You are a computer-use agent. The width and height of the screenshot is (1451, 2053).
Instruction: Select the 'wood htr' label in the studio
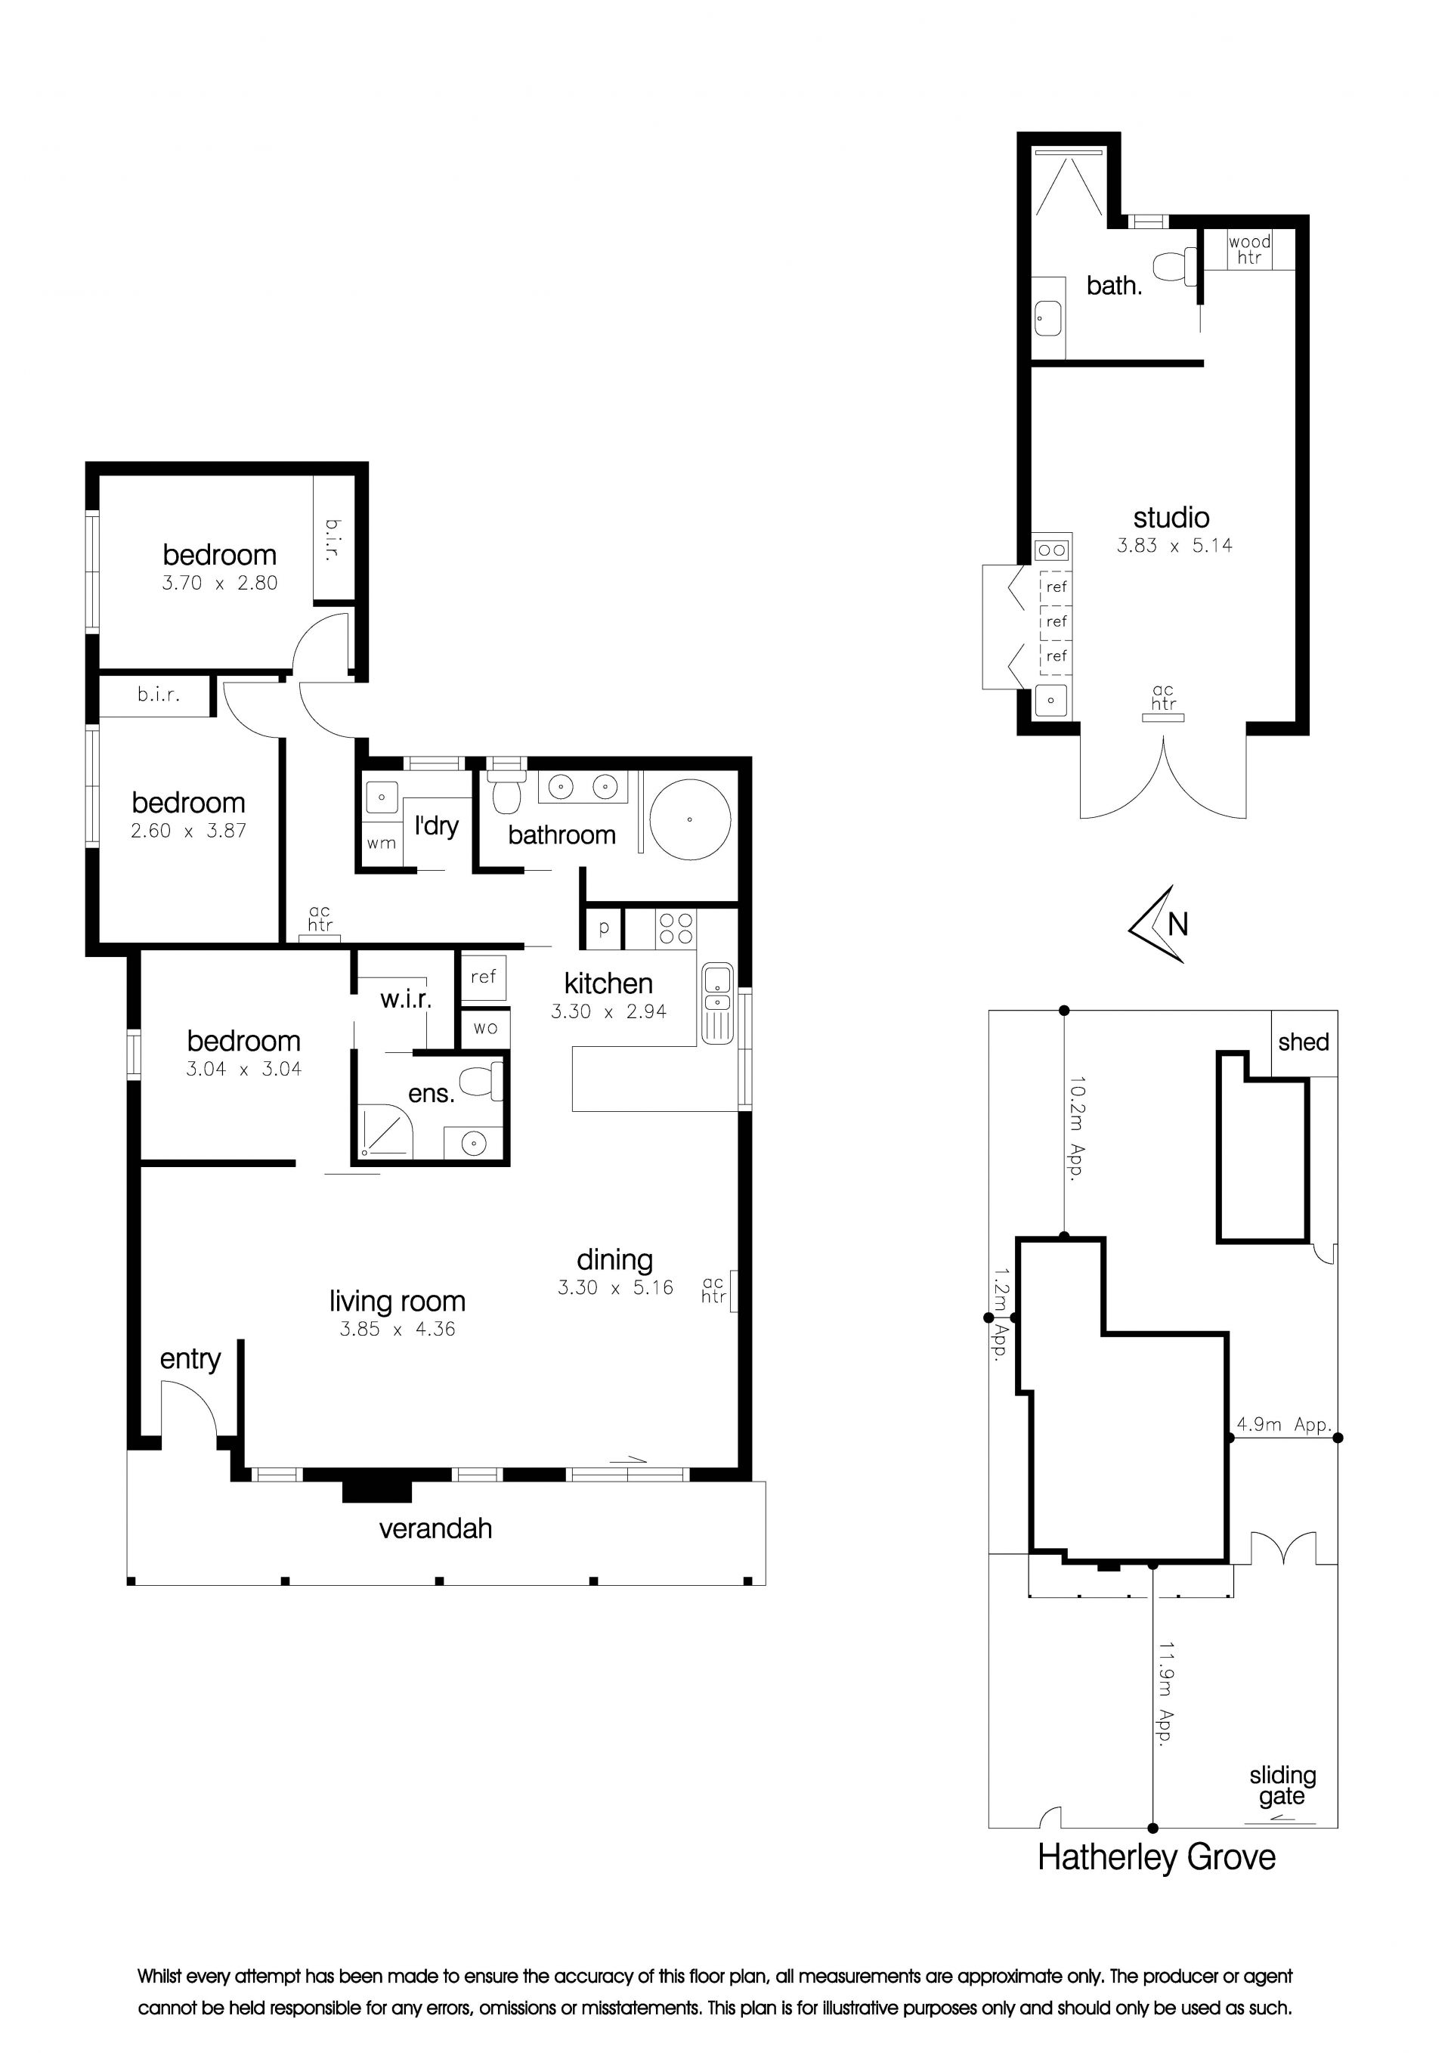click(1249, 249)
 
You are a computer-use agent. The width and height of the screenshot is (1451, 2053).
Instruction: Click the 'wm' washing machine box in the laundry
click(381, 842)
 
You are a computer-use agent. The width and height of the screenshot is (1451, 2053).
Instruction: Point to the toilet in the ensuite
click(484, 1081)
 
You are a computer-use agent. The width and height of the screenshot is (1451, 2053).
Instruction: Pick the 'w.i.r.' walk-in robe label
click(406, 999)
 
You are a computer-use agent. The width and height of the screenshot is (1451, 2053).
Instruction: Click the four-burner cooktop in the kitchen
click(676, 928)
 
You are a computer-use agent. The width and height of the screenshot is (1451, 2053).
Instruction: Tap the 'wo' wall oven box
click(484, 1027)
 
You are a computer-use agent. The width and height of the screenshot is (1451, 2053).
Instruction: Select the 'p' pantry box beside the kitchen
click(604, 928)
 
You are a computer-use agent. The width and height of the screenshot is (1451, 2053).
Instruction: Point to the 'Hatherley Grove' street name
click(1156, 1857)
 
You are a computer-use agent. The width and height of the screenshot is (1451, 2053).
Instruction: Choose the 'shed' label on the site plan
click(1304, 1042)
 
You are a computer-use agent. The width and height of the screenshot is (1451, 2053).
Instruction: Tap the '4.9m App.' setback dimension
click(1284, 1424)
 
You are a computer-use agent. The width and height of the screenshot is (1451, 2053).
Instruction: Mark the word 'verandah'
click(435, 1528)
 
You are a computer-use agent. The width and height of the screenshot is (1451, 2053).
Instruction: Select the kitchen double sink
click(717, 1002)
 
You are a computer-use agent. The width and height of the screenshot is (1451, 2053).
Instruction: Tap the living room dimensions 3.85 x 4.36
click(397, 1329)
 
